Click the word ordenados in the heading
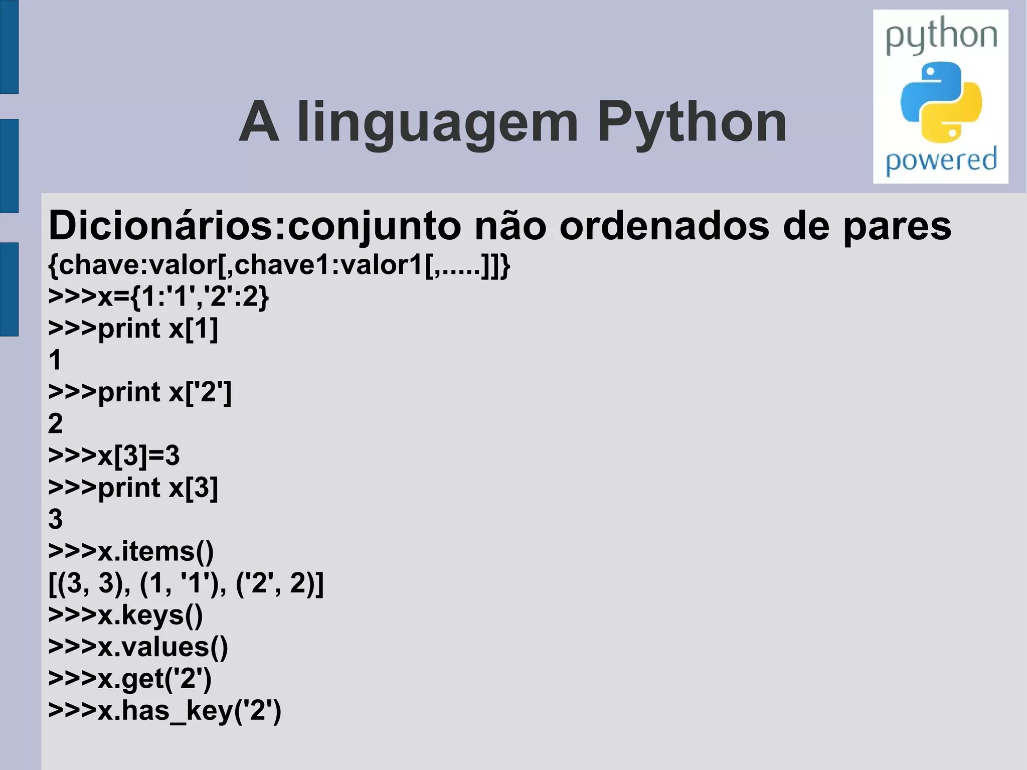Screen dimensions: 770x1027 pos(664,226)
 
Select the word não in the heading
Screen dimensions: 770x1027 pos(510,226)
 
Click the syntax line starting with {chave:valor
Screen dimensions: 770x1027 pos(279,265)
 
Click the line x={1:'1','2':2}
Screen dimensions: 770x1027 pos(158,296)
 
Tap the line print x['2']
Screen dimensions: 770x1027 pos(140,392)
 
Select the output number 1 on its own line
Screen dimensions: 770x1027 pos(55,360)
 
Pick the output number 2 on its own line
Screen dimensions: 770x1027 pos(55,424)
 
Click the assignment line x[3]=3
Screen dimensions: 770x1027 pos(114,455)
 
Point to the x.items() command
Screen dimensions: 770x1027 pos(131,551)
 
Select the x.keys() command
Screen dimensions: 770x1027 pos(125,615)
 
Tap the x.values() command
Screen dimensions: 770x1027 pos(138,647)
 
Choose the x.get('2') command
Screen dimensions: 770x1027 pos(130,679)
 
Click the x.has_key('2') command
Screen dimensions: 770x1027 pos(164,711)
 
